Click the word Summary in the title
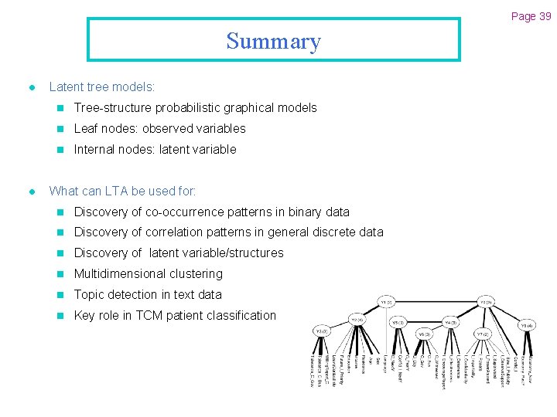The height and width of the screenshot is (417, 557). [273, 41]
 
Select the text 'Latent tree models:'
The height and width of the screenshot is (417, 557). [102, 87]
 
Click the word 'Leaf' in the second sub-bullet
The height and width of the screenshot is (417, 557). [86, 129]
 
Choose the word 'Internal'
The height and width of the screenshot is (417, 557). [95, 150]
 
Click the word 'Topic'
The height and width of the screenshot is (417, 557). [89, 295]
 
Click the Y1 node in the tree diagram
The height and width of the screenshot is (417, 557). [387, 300]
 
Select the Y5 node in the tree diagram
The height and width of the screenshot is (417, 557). [398, 322]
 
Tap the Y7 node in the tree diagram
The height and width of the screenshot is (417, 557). [481, 334]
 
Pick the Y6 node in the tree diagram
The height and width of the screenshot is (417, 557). [424, 334]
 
